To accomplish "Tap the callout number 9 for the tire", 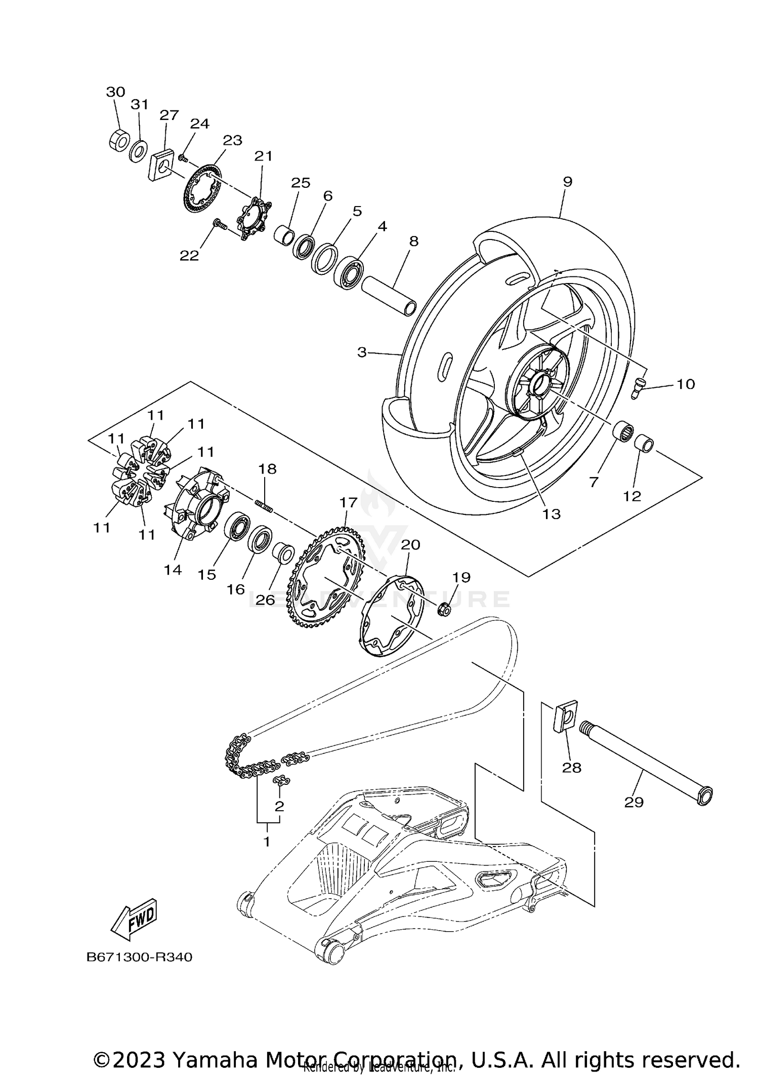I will (567, 182).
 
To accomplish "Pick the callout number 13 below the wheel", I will (552, 514).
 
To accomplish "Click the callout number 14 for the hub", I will (173, 570).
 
